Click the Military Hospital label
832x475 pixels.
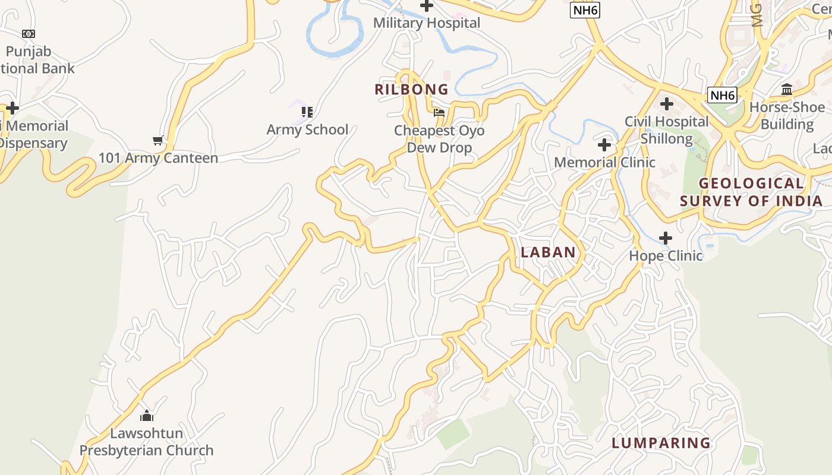click(426, 23)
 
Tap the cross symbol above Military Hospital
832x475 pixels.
click(426, 6)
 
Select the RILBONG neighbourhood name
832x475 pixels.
click(411, 90)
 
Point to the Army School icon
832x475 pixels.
click(307, 112)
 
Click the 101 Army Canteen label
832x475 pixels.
click(158, 158)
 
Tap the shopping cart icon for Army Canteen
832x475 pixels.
click(158, 141)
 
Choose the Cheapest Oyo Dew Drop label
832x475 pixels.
click(439, 139)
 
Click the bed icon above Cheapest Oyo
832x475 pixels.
click(439, 112)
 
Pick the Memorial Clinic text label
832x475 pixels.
click(604, 162)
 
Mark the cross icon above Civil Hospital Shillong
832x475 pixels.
click(667, 104)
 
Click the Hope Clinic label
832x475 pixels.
click(666, 256)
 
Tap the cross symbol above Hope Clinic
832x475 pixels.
click(666, 238)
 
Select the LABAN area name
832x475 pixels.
click(548, 252)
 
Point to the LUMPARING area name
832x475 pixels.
click(661, 443)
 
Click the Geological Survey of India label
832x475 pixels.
click(751, 192)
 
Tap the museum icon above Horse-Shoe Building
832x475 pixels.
click(787, 90)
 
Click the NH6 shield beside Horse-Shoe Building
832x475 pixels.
click(722, 95)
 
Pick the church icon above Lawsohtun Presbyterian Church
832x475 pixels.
click(147, 415)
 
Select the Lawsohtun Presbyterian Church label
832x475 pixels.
click(147, 442)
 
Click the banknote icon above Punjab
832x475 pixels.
click(29, 34)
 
